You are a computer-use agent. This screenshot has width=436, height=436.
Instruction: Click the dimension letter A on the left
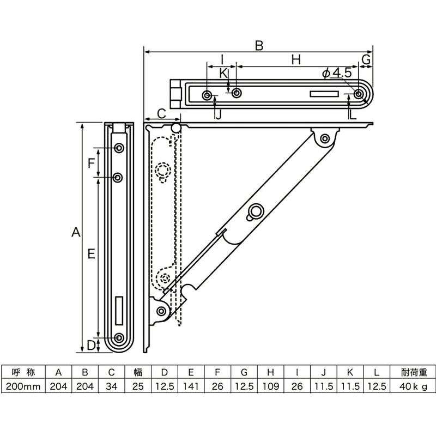76,233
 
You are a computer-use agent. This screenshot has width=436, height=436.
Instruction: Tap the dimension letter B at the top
259,46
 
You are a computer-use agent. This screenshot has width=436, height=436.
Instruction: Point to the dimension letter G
366,58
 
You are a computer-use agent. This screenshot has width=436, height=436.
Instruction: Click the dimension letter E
91,253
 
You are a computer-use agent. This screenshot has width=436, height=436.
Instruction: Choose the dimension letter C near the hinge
162,113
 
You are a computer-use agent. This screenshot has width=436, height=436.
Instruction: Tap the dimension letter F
92,162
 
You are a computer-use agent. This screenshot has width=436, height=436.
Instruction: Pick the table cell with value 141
191,386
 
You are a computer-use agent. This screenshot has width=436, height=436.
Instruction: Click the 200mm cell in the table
23,386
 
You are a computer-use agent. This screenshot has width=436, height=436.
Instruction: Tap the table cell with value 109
270,386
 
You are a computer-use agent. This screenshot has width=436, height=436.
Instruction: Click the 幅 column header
138,373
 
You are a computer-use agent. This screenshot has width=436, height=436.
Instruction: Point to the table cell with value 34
111,386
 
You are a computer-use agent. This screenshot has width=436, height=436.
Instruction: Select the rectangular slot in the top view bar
324,94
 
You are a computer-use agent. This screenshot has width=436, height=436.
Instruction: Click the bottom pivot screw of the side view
161,311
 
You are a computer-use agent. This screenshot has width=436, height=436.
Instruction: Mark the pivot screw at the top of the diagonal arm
325,138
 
